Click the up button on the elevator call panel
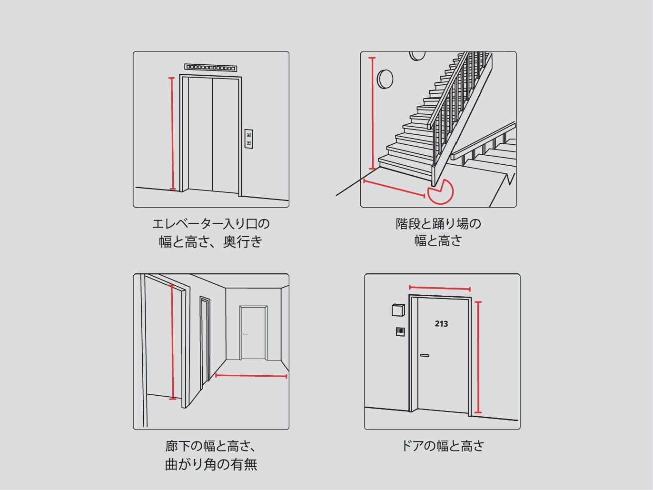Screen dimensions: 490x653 (x=248, y=135)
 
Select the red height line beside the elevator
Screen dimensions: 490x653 (x=172, y=133)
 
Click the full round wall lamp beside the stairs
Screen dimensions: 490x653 (x=385, y=79)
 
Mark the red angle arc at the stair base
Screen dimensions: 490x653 (x=440, y=192)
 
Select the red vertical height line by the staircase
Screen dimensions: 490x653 (x=372, y=113)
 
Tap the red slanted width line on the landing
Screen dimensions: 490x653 (x=394, y=189)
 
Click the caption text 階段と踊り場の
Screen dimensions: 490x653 (x=438, y=224)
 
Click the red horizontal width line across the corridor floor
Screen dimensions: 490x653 (x=251, y=376)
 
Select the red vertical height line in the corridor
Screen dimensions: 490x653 (x=172, y=342)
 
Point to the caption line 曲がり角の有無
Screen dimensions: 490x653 (x=211, y=464)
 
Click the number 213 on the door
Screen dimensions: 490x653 (x=441, y=324)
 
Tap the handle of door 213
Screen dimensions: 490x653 (x=425, y=355)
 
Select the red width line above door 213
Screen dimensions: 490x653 (x=440, y=288)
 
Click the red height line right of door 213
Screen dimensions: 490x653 (x=478, y=357)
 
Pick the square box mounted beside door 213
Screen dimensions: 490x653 (x=398, y=310)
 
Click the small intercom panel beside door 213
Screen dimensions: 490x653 (x=400, y=331)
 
